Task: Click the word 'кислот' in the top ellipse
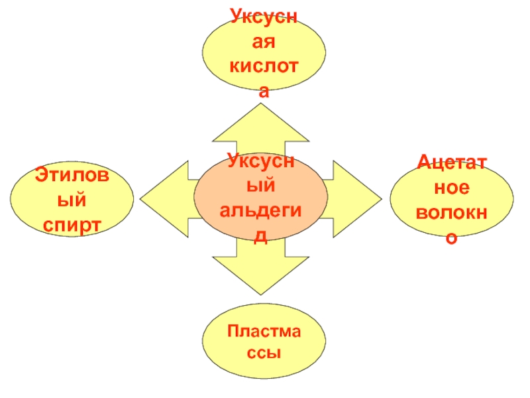click(x=264, y=67)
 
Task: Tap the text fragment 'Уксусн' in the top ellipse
click(x=264, y=15)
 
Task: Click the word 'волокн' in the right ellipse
click(x=451, y=212)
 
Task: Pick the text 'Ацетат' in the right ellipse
click(x=451, y=163)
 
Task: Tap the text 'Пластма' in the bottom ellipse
click(x=264, y=330)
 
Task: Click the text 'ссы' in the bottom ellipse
click(x=264, y=352)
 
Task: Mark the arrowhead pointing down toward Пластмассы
click(x=260, y=275)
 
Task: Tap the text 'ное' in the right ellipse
click(x=451, y=188)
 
